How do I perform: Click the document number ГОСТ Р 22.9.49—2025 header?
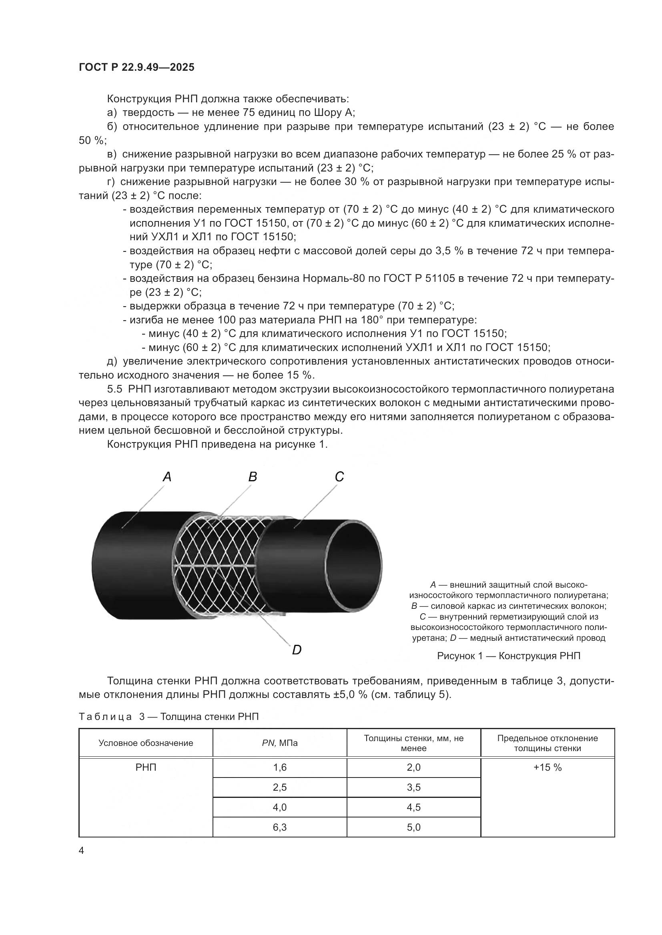(x=136, y=68)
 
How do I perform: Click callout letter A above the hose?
(x=167, y=477)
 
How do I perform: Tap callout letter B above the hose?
(x=253, y=477)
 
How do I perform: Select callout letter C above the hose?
(x=339, y=477)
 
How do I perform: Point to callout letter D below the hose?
(x=297, y=650)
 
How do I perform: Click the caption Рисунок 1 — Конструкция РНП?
(x=509, y=656)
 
